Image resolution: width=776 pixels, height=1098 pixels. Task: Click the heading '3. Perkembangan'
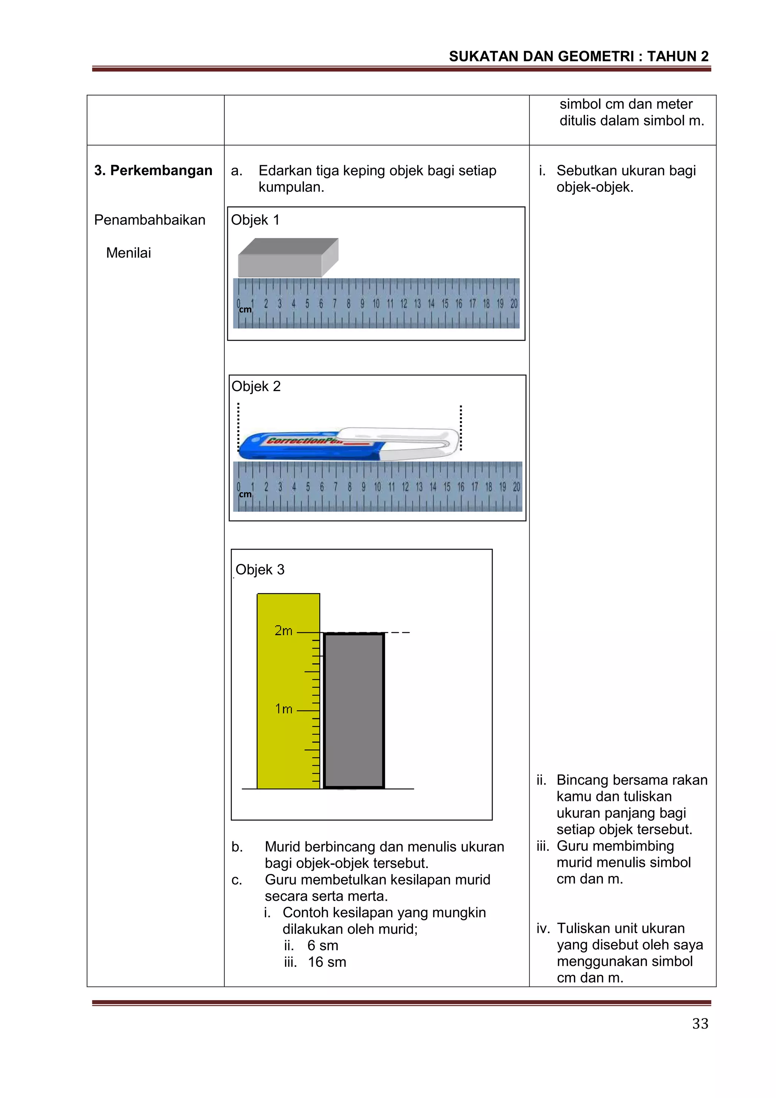coord(153,171)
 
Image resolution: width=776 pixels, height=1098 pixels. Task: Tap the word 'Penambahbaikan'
coord(150,220)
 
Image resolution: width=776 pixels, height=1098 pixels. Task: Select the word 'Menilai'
coord(128,253)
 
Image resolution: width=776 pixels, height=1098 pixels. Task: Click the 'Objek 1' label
coord(255,220)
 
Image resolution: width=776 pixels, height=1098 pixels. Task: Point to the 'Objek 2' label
coord(256,387)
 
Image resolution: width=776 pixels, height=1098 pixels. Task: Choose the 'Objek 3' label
coord(260,570)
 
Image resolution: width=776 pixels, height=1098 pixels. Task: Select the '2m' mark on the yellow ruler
coord(283,631)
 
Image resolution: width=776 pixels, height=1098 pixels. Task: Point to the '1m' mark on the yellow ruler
coord(283,709)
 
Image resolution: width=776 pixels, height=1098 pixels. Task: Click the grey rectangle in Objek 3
coord(354,711)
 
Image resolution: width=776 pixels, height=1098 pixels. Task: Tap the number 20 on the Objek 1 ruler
coord(513,304)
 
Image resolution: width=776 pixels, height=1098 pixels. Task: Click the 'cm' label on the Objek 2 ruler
coord(245,495)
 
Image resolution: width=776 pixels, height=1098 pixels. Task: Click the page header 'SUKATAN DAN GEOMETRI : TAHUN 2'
coord(579,56)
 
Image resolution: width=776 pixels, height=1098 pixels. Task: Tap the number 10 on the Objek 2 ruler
coord(377,487)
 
